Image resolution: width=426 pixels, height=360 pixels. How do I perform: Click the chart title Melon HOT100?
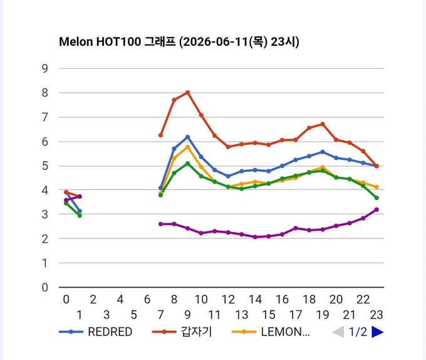point(100,42)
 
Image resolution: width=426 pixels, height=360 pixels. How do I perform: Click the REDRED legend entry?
point(96,332)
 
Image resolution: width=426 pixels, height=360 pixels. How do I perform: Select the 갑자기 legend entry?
point(182,332)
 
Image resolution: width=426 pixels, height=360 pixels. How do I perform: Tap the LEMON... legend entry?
point(271,332)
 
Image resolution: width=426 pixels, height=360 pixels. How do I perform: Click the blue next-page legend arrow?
point(377,332)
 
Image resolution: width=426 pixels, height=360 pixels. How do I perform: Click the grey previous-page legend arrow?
point(338,332)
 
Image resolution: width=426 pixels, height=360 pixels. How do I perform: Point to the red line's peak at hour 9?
point(187,92)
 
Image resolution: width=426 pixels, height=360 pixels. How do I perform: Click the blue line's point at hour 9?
point(187,137)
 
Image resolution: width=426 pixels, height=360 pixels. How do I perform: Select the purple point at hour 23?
point(377,209)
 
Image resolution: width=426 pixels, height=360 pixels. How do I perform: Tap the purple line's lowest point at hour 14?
point(255,237)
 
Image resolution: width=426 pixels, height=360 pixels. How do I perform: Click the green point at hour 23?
point(377,198)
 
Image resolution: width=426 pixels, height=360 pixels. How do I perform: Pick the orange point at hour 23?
point(377,187)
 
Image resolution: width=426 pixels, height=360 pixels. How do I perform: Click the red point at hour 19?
point(323,124)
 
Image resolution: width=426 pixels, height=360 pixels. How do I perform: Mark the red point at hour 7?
point(160,135)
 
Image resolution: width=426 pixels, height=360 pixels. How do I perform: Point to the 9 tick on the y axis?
point(45,68)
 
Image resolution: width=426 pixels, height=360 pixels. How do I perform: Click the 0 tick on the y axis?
point(45,287)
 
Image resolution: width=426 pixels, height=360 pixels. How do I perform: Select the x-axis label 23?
point(377,315)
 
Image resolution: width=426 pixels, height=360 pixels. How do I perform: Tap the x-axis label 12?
point(228,299)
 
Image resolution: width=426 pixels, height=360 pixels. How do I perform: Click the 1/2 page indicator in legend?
point(358,332)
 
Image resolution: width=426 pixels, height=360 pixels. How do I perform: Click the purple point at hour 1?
point(80,196)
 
